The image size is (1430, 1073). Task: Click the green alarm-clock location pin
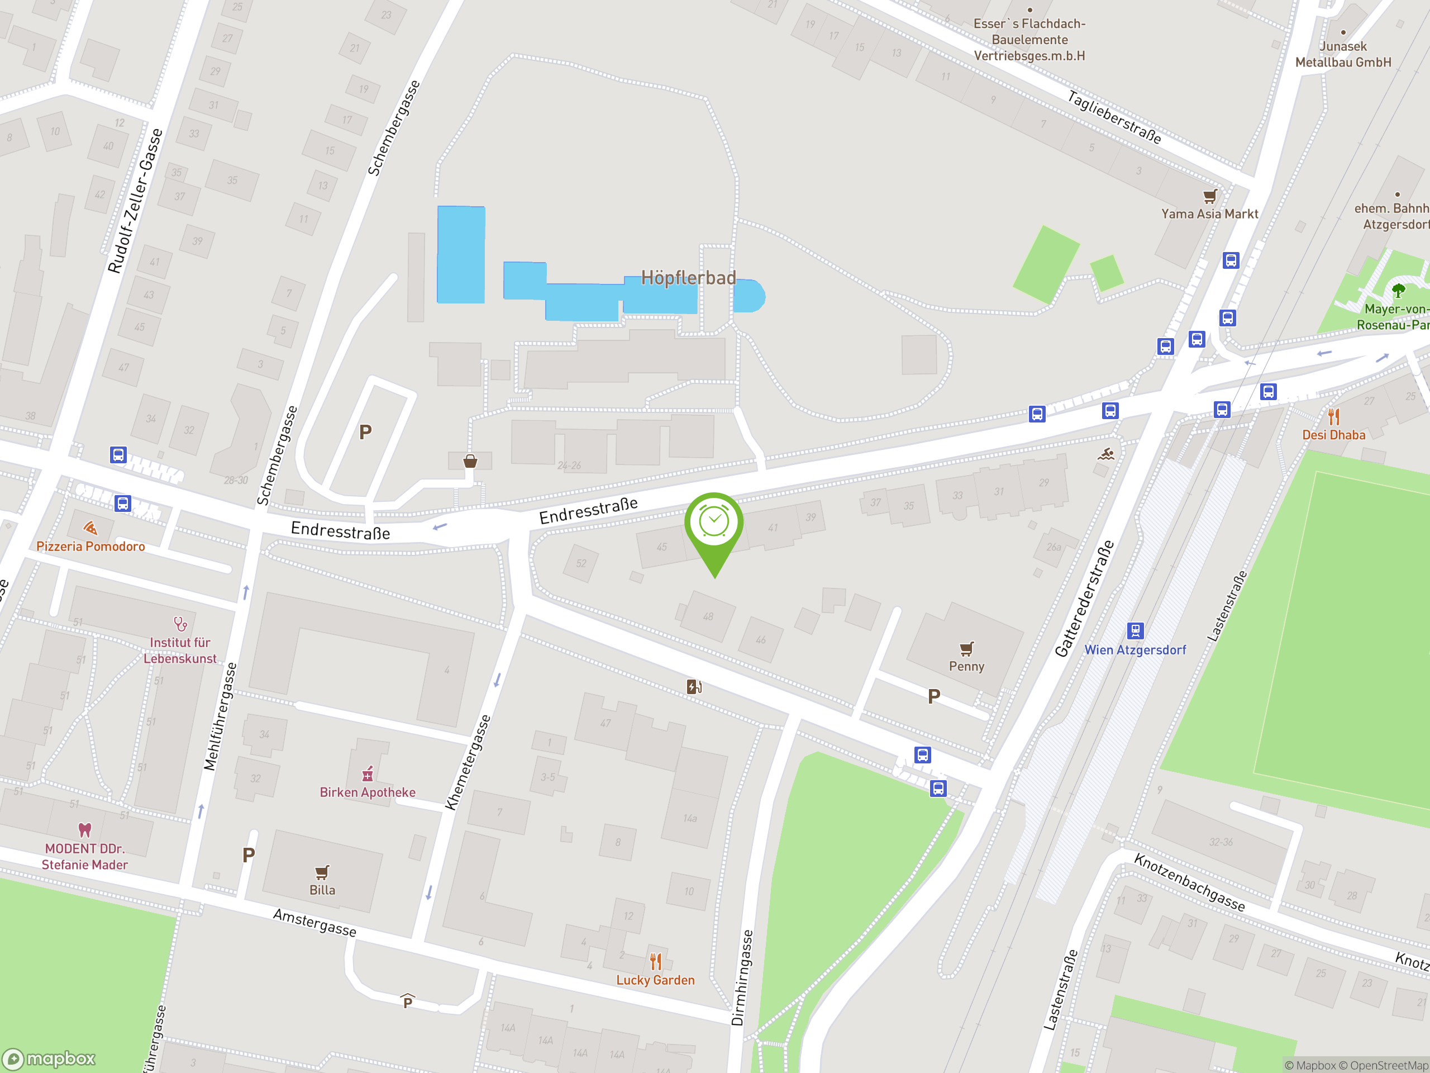pyautogui.click(x=714, y=524)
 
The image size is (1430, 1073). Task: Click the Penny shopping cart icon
pyautogui.click(x=966, y=648)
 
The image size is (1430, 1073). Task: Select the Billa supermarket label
pyautogui.click(x=322, y=890)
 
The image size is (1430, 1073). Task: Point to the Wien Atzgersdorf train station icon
pyautogui.click(x=1135, y=630)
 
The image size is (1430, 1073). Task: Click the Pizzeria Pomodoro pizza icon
pyautogui.click(x=90, y=529)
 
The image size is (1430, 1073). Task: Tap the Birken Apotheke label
pyautogui.click(x=367, y=792)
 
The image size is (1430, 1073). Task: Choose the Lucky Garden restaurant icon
pyautogui.click(x=656, y=962)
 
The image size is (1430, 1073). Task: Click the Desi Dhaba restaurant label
pyautogui.click(x=1334, y=435)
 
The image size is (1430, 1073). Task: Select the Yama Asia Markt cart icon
pyautogui.click(x=1209, y=196)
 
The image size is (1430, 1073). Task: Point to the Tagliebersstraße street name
pyautogui.click(x=1113, y=117)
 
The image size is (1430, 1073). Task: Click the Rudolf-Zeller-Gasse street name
pyautogui.click(x=135, y=201)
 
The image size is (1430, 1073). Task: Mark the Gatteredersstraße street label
pyautogui.click(x=1084, y=599)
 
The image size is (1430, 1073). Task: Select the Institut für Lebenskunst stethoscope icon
pyautogui.click(x=180, y=624)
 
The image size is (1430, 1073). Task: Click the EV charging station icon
pyautogui.click(x=694, y=686)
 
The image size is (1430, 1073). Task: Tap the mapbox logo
pyautogui.click(x=49, y=1059)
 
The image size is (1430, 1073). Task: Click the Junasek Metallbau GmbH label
pyautogui.click(x=1343, y=54)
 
